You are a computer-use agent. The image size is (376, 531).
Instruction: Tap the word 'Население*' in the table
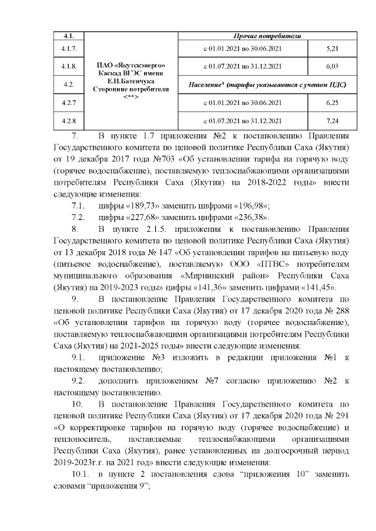click(x=208, y=84)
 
